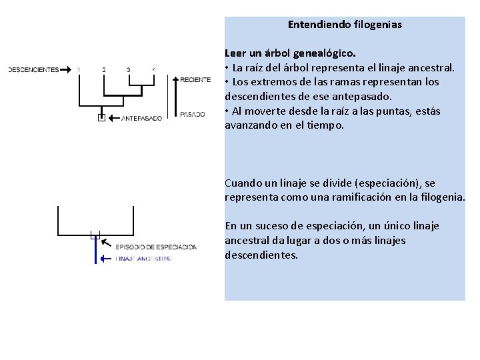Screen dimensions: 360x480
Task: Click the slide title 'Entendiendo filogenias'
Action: pyautogui.click(x=345, y=25)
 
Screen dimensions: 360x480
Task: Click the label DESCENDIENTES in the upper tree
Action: pyautogui.click(x=33, y=69)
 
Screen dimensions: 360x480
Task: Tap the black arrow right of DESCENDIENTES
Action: pyautogui.click(x=67, y=69)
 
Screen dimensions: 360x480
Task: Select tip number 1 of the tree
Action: pyautogui.click(x=79, y=69)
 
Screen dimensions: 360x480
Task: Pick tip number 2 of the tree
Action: pyautogui.click(x=103, y=69)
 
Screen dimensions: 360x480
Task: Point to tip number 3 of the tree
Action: pyautogui.click(x=128, y=69)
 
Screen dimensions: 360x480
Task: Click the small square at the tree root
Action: pyautogui.click(x=101, y=118)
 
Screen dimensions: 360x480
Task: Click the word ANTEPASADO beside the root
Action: pyautogui.click(x=141, y=119)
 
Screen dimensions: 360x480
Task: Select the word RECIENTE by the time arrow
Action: pyautogui.click(x=195, y=80)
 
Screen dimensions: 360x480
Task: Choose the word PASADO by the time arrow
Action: pyautogui.click(x=193, y=115)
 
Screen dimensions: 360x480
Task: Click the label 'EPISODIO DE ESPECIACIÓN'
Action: pyautogui.click(x=156, y=247)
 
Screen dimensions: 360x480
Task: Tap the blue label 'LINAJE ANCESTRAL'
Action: pyautogui.click(x=143, y=258)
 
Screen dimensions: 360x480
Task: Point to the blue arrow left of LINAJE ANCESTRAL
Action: pyautogui.click(x=105, y=258)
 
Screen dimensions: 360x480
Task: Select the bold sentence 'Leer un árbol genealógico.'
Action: pyautogui.click(x=290, y=53)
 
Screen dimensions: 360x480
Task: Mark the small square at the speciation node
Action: pyautogui.click(x=95, y=235)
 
